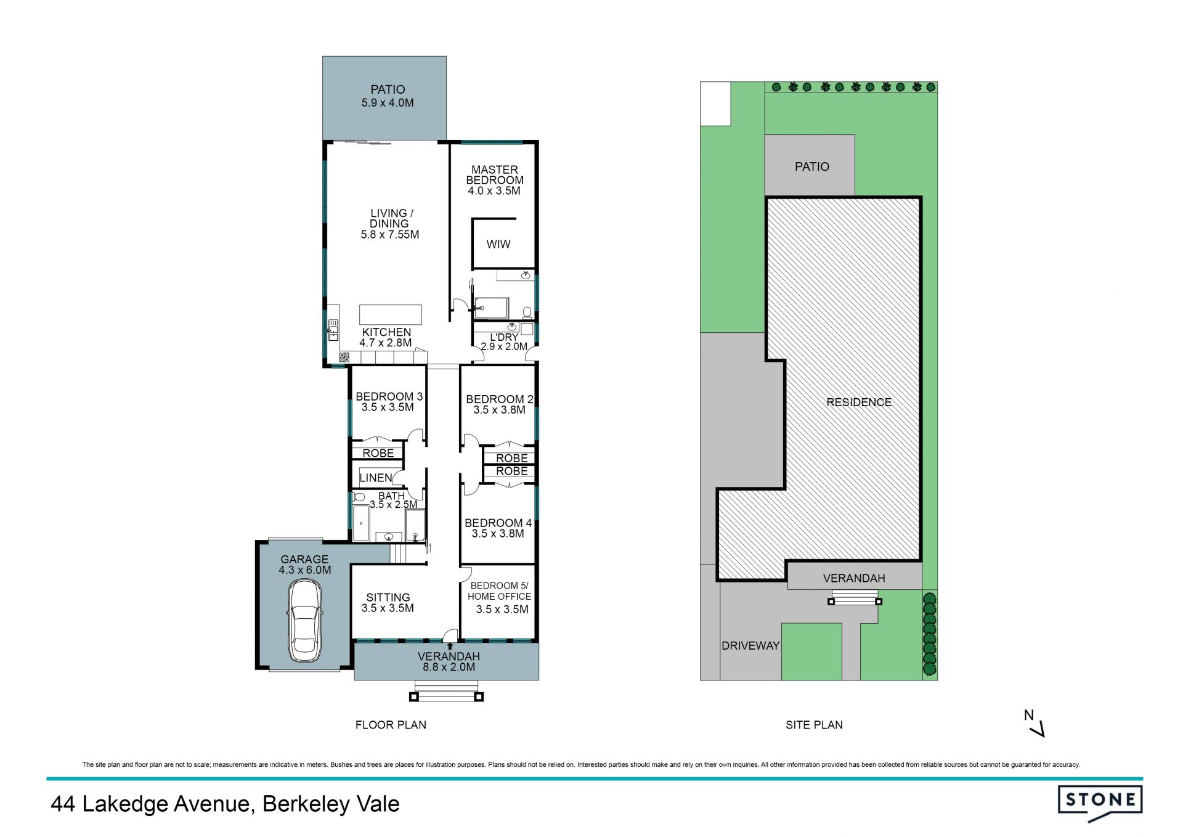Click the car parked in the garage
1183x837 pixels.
point(304,621)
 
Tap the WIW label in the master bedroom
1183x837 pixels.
point(498,244)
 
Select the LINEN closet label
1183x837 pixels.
point(376,478)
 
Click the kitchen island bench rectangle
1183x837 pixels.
point(391,314)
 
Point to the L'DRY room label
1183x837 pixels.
point(504,337)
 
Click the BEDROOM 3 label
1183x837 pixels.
point(389,396)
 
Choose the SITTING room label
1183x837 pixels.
point(388,597)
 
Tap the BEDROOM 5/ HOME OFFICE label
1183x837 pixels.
point(499,591)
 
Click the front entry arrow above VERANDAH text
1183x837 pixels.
point(450,646)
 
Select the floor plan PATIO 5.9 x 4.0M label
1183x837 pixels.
point(388,96)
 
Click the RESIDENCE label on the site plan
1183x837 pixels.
point(859,402)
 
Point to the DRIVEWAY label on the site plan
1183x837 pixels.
point(750,645)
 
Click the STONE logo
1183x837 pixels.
point(1100,802)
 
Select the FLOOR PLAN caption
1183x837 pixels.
point(391,725)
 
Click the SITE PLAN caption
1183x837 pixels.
point(814,725)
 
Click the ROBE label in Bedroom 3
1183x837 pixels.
point(378,453)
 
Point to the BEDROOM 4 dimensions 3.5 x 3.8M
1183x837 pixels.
point(498,534)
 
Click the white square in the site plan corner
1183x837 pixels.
point(715,104)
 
